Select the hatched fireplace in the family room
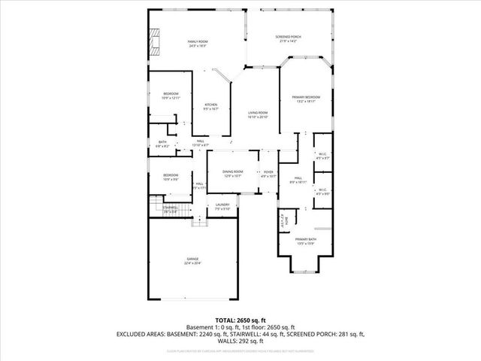pos(155,43)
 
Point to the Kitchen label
pos(211,105)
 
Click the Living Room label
pos(258,113)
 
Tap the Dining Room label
pos(232,171)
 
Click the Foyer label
pos(268,172)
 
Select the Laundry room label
pos(222,205)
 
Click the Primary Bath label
pos(306,239)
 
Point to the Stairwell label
pos(171,207)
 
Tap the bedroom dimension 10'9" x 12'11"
pos(172,99)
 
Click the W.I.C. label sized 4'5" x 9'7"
pos(322,157)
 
